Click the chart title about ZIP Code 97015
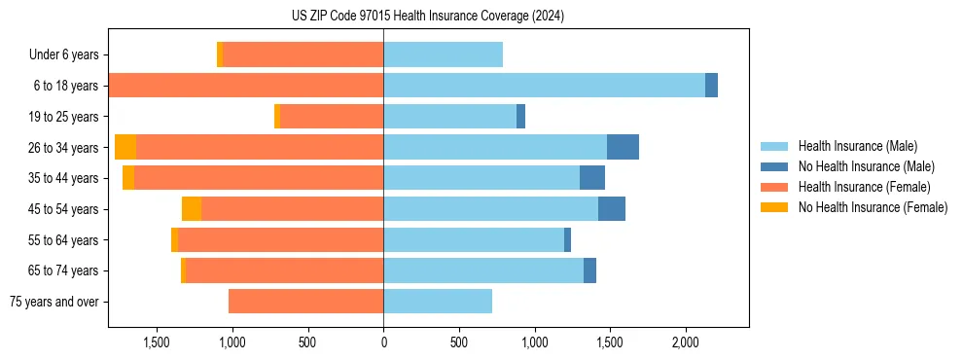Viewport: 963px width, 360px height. point(428,17)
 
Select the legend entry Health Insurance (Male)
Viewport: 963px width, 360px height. point(857,146)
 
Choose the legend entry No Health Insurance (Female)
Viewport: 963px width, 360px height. point(873,207)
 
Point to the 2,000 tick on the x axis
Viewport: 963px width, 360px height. point(685,342)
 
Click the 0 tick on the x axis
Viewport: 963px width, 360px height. point(383,342)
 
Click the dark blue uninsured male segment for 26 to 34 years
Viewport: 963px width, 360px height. point(623,147)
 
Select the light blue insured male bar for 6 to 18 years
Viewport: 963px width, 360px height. point(544,86)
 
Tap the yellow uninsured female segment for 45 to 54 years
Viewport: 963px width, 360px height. point(192,209)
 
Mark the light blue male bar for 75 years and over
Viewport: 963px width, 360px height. point(438,302)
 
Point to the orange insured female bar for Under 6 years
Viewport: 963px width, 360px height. point(303,54)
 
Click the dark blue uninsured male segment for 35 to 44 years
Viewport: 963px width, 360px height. point(592,178)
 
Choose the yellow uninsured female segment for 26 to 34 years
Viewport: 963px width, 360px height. point(125,147)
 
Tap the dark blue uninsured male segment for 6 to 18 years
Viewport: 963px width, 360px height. point(711,86)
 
